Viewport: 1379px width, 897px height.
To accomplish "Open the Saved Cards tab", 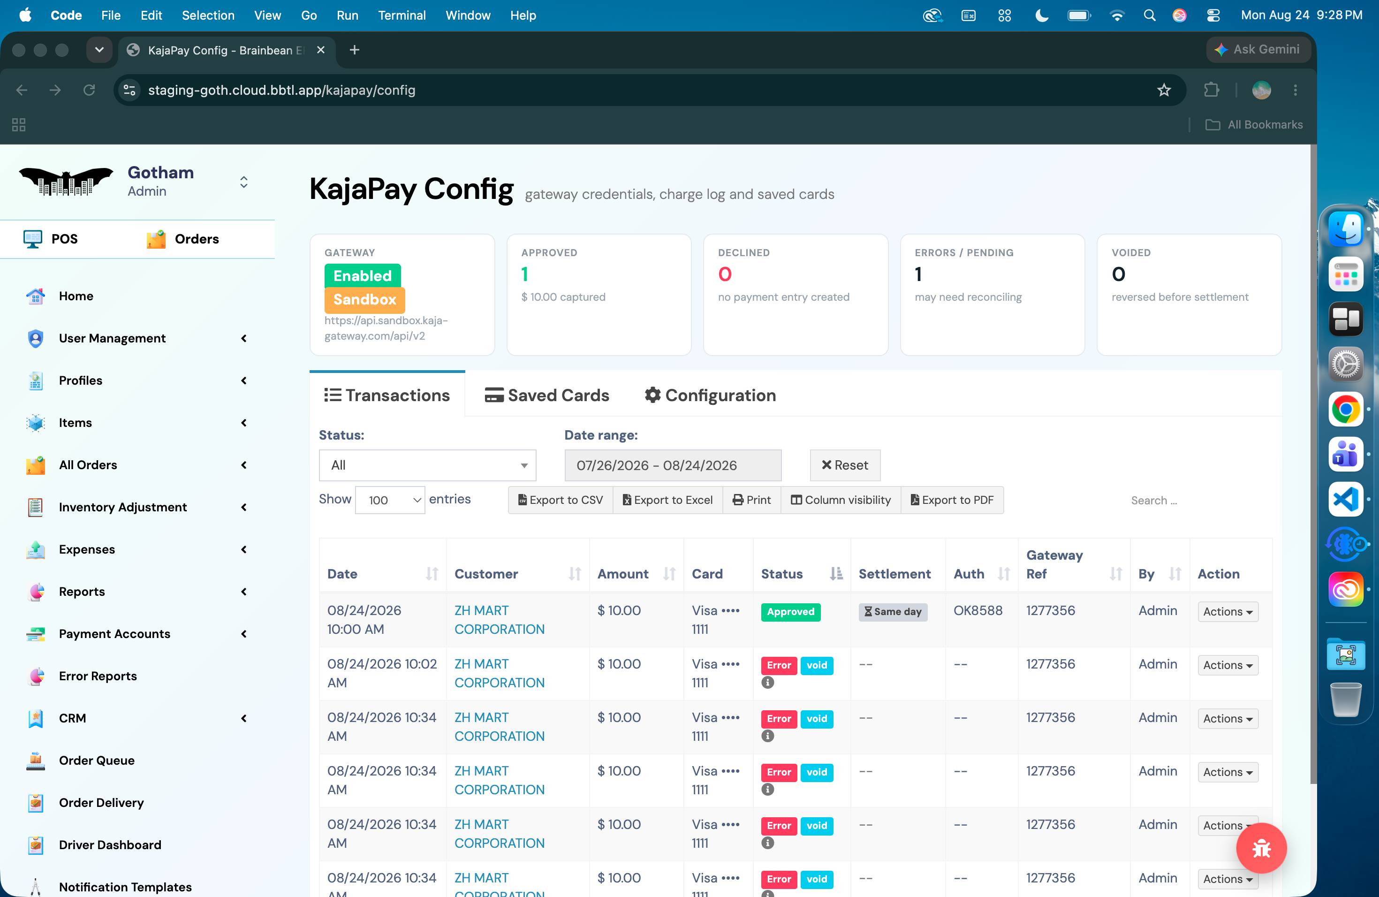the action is (546, 395).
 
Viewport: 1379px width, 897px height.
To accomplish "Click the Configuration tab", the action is (710, 395).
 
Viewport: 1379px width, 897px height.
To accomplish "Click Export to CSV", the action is (561, 500).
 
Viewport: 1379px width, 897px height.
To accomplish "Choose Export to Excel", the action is (667, 500).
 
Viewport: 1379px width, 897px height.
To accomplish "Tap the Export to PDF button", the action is (952, 500).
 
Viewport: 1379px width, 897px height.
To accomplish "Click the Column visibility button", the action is (841, 500).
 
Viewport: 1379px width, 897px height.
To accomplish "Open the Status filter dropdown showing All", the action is (428, 465).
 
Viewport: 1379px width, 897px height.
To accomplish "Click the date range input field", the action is (673, 465).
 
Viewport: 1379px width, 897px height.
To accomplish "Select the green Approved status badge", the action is (790, 612).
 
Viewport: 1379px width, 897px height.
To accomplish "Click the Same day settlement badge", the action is (893, 612).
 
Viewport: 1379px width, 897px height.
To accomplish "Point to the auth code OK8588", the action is (978, 611).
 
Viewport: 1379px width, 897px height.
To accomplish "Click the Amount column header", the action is (623, 574).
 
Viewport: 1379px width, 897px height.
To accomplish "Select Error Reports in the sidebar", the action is (98, 676).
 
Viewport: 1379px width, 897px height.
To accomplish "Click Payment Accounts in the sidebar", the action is (115, 634).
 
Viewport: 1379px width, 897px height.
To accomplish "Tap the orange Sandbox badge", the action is (364, 300).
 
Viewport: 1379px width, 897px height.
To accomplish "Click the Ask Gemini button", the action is (1258, 50).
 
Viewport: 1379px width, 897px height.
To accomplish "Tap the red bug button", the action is (1261, 848).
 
